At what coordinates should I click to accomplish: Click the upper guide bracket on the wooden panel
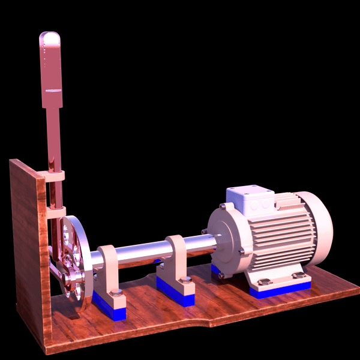pyautogui.click(x=54, y=176)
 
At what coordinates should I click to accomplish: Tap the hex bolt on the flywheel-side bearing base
pyautogui.click(x=116, y=292)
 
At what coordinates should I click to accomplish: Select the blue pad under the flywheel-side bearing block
pyautogui.click(x=111, y=308)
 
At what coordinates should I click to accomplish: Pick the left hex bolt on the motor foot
pyautogui.click(x=262, y=282)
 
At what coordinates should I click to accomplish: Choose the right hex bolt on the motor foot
pyautogui.click(x=298, y=275)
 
